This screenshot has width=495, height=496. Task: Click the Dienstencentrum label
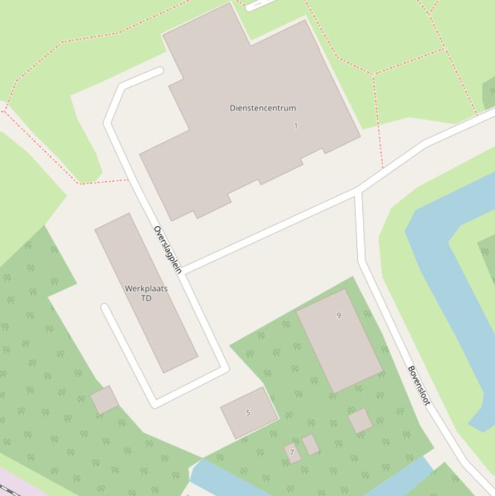click(x=263, y=108)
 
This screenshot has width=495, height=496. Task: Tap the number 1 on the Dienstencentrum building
click(x=296, y=126)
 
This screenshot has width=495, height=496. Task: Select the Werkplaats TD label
click(x=146, y=293)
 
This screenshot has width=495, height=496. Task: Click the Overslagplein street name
click(x=168, y=250)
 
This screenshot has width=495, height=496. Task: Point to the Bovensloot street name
click(x=418, y=385)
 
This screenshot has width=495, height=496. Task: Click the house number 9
click(x=339, y=316)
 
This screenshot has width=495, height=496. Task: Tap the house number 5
click(x=248, y=413)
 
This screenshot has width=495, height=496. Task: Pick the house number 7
click(x=292, y=452)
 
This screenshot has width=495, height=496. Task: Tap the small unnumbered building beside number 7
click(x=311, y=444)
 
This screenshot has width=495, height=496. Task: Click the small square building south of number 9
click(x=360, y=421)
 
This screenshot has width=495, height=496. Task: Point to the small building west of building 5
click(x=104, y=400)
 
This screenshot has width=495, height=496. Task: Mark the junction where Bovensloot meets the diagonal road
click(x=358, y=191)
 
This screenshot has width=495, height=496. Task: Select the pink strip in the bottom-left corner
click(x=10, y=483)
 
